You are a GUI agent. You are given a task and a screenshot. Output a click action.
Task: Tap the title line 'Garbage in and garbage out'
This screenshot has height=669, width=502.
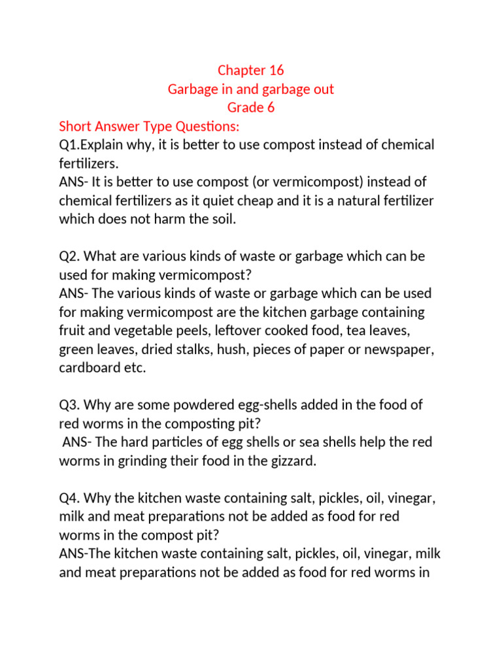(251, 89)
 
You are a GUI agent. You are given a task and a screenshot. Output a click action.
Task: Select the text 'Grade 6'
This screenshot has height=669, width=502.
(251, 108)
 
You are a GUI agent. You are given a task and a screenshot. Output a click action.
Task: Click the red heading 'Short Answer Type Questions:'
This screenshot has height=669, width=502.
(150, 126)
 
